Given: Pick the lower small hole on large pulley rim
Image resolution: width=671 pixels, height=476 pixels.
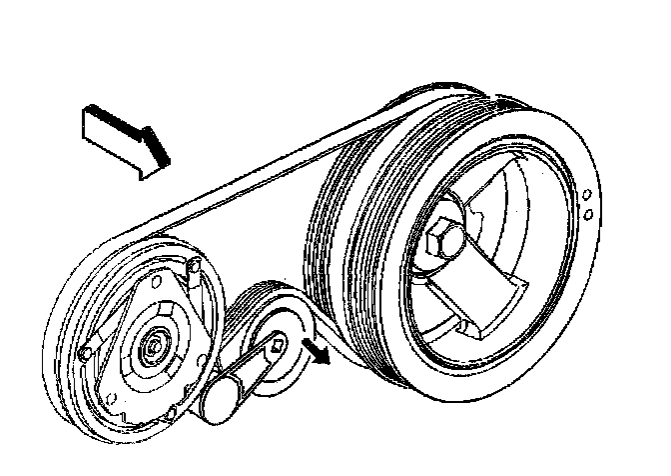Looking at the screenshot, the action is [x=589, y=213].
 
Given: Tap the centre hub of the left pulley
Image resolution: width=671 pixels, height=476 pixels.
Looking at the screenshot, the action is [x=156, y=346].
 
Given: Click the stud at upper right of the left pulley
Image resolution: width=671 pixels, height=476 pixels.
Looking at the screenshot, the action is [x=196, y=267].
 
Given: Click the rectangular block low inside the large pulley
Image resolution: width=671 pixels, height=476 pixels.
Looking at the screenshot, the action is [x=469, y=305].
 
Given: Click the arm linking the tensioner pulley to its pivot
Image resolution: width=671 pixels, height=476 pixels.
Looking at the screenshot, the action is [x=250, y=375].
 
